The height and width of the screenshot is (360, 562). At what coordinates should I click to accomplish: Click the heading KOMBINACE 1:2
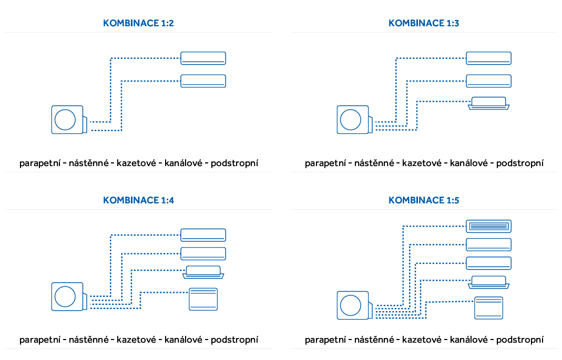(x=138, y=23)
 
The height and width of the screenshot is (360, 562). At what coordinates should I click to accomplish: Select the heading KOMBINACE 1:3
(x=424, y=23)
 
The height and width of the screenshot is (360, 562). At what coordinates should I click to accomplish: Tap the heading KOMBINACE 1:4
(x=138, y=200)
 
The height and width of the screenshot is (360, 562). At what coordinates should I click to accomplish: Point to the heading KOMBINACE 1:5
(x=424, y=200)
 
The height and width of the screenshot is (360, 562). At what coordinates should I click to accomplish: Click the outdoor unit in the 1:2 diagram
(x=68, y=119)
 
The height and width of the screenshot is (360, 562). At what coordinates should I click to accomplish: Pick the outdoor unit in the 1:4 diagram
(x=68, y=296)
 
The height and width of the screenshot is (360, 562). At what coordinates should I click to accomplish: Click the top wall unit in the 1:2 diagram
(x=203, y=58)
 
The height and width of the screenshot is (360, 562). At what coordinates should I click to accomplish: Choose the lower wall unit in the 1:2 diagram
(x=203, y=81)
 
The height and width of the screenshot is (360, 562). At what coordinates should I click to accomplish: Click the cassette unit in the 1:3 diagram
(x=488, y=104)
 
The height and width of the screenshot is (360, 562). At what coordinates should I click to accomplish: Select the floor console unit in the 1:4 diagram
(x=203, y=299)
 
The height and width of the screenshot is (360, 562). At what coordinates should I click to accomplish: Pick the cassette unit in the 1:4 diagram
(x=203, y=272)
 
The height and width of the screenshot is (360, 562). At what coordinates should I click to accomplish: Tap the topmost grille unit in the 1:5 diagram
(x=489, y=226)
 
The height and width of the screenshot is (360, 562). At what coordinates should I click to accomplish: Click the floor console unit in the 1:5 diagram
(x=489, y=308)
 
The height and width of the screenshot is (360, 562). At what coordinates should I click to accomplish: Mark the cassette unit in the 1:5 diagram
(x=489, y=282)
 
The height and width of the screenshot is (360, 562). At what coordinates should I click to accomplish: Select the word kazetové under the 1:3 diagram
(x=421, y=163)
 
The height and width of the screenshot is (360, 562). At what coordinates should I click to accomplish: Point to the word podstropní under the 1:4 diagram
(x=234, y=340)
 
